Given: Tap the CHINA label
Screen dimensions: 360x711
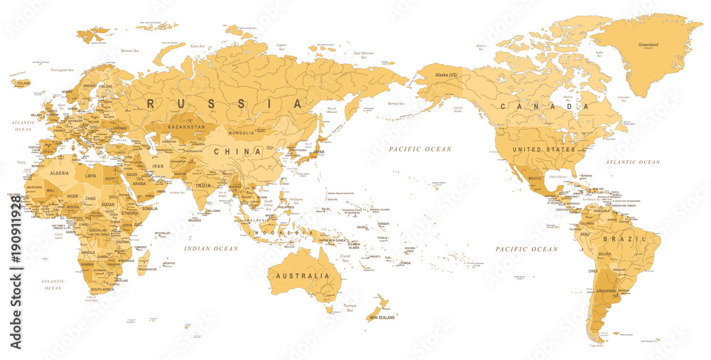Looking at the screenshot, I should pyautogui.click(x=236, y=152).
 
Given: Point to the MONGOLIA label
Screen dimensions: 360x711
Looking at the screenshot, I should pyautogui.click(x=241, y=133).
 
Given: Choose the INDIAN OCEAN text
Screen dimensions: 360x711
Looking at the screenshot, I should pyautogui.click(x=211, y=248).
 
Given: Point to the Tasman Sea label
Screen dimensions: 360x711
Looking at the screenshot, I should pyautogui.click(x=350, y=307).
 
